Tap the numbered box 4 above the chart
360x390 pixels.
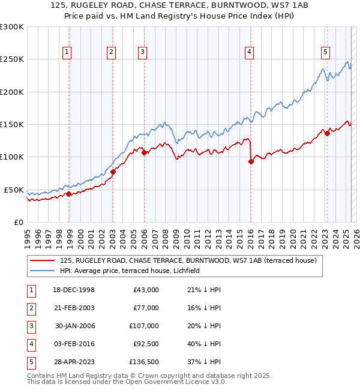[x=248, y=52]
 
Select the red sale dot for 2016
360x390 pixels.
[x=251, y=161]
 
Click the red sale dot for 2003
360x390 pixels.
[x=113, y=172]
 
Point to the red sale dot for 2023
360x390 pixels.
[x=327, y=133]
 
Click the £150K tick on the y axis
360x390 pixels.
[x=12, y=125]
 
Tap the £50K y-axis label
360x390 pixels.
[x=14, y=190]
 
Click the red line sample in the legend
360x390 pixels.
[x=43, y=261]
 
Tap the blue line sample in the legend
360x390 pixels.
[x=43, y=271]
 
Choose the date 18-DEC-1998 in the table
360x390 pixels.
[x=74, y=290]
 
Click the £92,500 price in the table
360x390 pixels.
[x=145, y=344]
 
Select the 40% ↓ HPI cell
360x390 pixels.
[x=204, y=344]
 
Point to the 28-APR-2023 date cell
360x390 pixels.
[x=74, y=362]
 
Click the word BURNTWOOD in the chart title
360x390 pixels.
[x=218, y=6]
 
